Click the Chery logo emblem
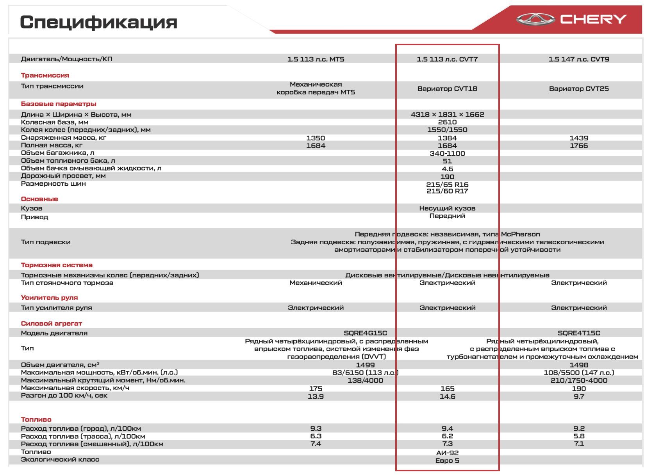(535, 19)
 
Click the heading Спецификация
(99, 22)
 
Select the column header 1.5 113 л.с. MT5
(316, 59)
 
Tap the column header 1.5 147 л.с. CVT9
(578, 59)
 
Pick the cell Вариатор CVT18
(447, 89)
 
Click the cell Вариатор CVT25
(578, 89)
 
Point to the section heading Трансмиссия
(45, 75)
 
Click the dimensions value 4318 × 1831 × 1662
(447, 115)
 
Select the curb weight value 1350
(316, 138)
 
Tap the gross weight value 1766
(578, 146)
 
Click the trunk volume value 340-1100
(447, 153)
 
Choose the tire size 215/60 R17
(447, 191)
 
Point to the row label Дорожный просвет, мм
(63, 176)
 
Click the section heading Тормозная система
(57, 265)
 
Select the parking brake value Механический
(316, 283)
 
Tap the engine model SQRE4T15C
(578, 333)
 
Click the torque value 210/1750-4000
(578, 380)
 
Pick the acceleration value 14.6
(447, 396)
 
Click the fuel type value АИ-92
(447, 453)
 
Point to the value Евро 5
(447, 461)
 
